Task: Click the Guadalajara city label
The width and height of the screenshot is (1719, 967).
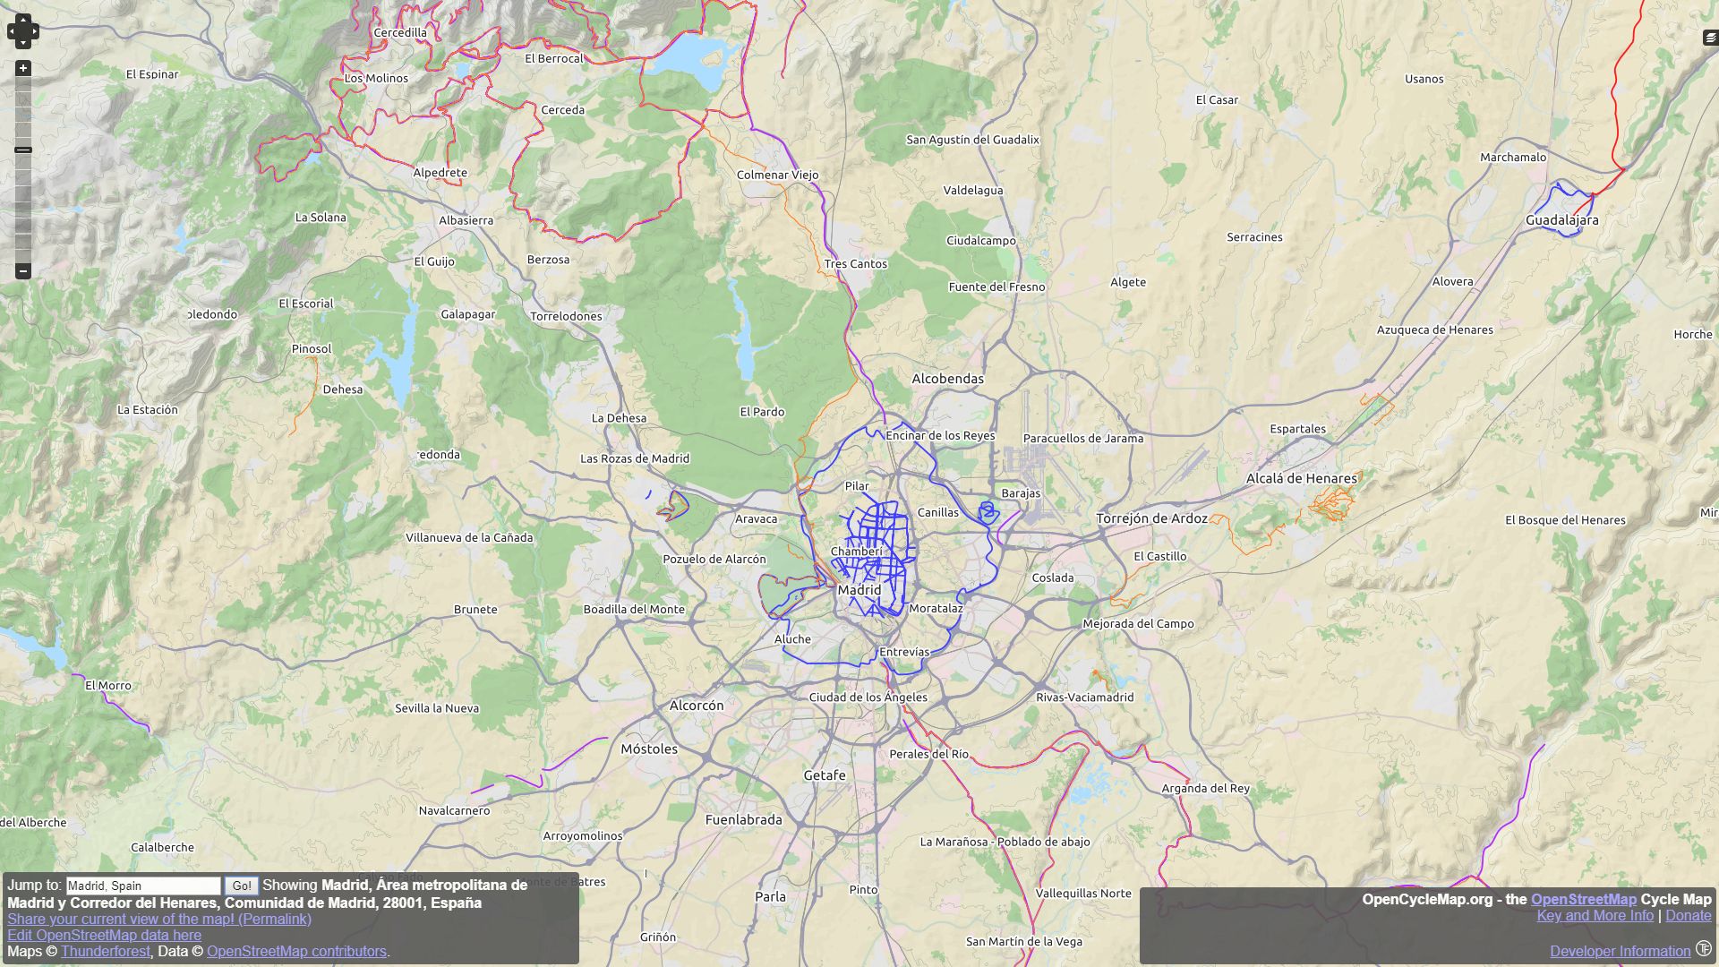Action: (1561, 220)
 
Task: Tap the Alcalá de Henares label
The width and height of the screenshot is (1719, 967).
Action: (1301, 479)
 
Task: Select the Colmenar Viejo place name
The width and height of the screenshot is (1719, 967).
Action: (777, 175)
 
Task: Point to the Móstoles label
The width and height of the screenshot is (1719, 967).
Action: (649, 749)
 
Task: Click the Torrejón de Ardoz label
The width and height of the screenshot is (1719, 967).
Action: (1151, 518)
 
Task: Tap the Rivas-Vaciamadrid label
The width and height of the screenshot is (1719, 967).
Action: (1084, 697)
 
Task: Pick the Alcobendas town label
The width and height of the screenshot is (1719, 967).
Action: (947, 379)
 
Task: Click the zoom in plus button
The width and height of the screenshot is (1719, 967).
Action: (23, 69)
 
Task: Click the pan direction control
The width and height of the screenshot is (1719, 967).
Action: (23, 31)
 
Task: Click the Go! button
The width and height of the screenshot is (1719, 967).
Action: (242, 886)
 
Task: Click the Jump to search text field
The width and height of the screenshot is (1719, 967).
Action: (143, 886)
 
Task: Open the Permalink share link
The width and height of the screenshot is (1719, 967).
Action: (159, 919)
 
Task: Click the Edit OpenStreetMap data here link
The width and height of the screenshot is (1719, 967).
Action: (104, 935)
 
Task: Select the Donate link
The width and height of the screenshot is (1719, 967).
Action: (1688, 915)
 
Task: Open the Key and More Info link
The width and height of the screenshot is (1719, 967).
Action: (1595, 915)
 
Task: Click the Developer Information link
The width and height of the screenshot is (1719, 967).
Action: (1620, 951)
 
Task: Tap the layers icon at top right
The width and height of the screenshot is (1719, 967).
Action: (1710, 38)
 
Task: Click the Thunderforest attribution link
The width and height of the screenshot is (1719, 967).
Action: (106, 951)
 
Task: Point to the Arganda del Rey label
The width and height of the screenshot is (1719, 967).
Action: (1205, 789)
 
